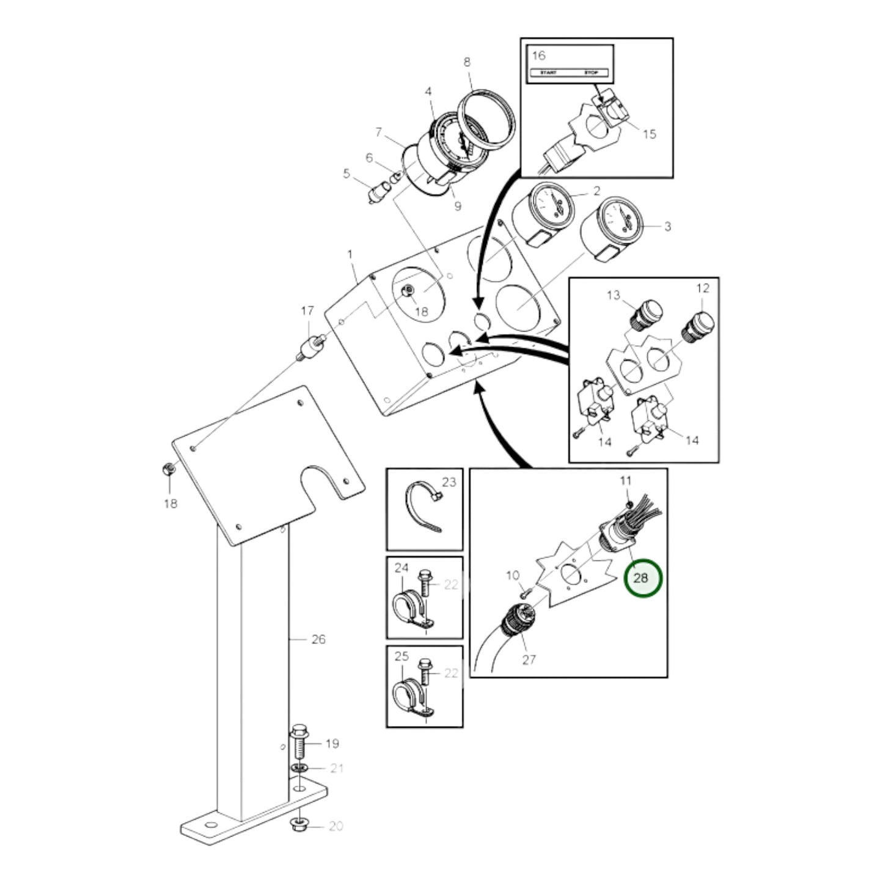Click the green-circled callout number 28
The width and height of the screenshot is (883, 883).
pyautogui.click(x=642, y=577)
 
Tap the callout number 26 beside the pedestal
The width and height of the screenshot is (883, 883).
pyautogui.click(x=318, y=639)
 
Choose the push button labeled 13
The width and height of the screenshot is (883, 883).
pyautogui.click(x=645, y=311)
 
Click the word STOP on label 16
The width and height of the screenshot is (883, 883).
pyautogui.click(x=592, y=73)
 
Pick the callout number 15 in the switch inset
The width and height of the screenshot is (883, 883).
pyautogui.click(x=650, y=133)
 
